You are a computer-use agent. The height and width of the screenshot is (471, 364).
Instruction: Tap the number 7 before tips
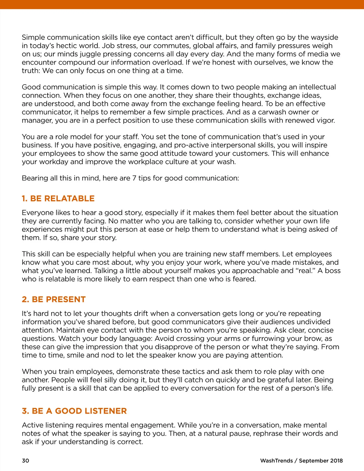coord(134,178)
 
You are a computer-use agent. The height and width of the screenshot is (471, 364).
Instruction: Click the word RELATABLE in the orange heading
coord(69,199)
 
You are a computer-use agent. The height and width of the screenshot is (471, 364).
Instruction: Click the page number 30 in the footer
coord(25,461)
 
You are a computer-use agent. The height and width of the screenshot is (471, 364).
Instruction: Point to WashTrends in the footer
coord(276,461)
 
